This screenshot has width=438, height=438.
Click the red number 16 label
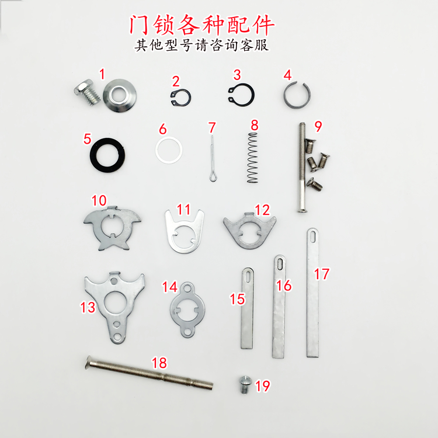coord(283,286)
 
